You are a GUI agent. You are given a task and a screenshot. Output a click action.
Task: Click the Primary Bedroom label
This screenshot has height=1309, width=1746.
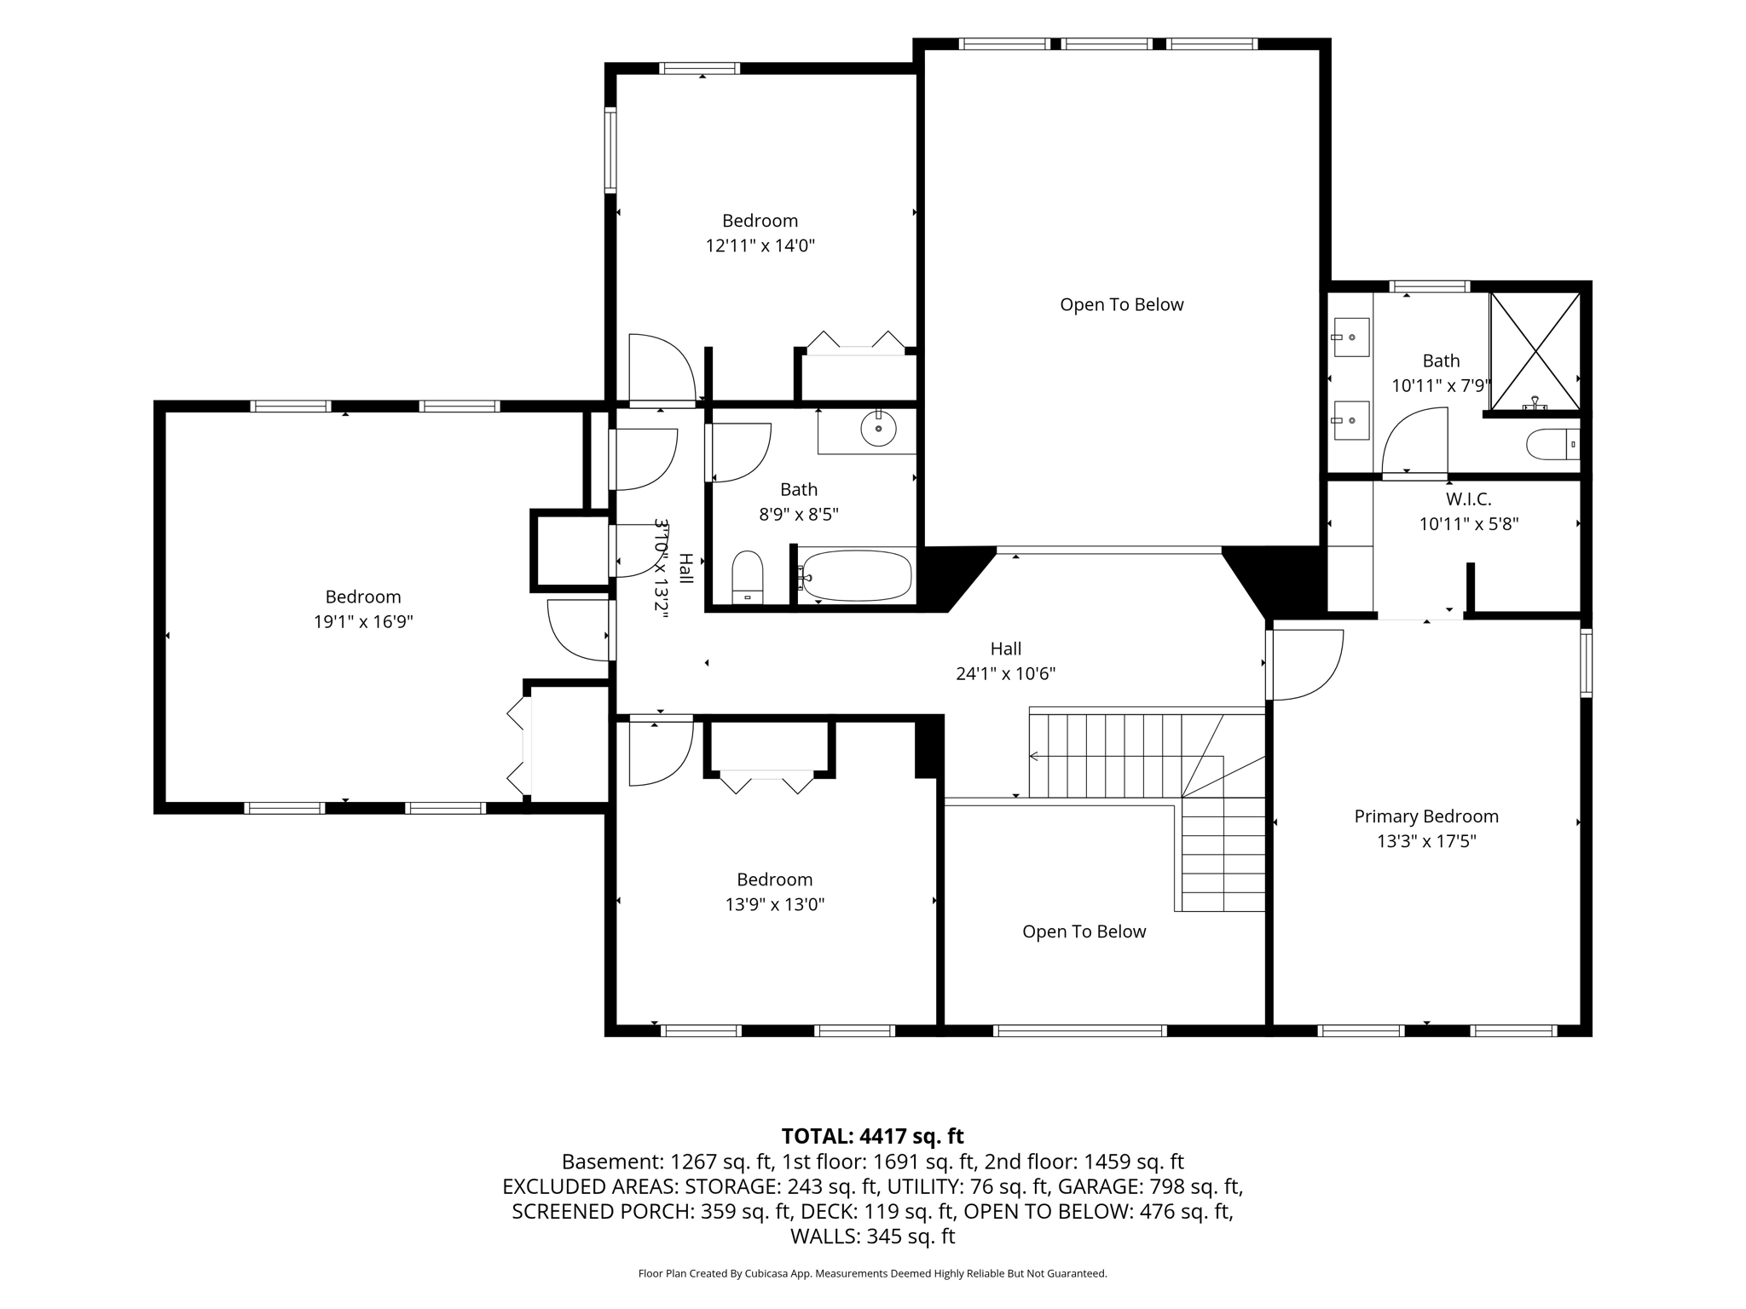(1426, 816)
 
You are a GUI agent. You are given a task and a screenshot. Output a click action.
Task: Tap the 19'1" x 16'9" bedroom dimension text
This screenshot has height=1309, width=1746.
(363, 622)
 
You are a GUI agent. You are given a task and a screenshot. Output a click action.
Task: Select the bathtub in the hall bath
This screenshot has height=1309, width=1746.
(856, 575)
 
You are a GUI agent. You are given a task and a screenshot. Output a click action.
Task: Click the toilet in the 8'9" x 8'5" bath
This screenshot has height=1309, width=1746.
(748, 577)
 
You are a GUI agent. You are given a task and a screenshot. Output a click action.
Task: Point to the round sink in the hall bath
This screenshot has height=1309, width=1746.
(878, 428)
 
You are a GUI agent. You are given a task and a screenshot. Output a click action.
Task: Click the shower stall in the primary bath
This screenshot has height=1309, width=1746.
(1535, 352)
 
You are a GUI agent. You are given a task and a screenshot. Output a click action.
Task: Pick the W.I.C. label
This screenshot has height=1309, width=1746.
(1469, 499)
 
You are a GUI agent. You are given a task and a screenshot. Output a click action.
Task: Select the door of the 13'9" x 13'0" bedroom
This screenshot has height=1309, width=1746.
(661, 753)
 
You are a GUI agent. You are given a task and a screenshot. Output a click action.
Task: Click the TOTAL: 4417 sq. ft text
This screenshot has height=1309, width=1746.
(872, 1136)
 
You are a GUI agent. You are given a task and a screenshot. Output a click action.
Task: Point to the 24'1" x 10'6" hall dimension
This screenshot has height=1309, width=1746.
(1006, 674)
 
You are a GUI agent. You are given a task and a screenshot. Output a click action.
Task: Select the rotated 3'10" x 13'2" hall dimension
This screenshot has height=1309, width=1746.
(661, 564)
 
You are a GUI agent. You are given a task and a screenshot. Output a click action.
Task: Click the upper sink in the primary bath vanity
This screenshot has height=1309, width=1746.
(1350, 337)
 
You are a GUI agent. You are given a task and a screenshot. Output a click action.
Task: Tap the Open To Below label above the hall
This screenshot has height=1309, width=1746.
(1122, 305)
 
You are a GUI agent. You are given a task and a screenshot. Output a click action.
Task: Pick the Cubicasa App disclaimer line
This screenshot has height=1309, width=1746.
(872, 1274)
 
